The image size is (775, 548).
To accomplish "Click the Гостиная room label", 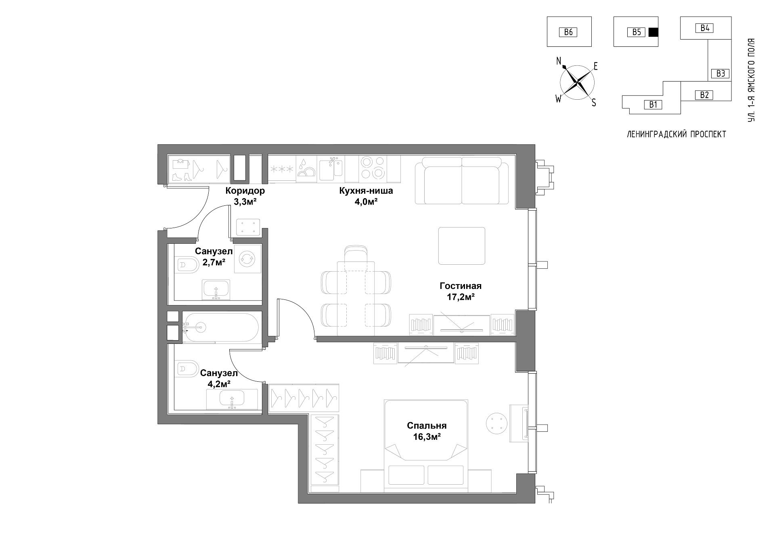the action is coord(461,286).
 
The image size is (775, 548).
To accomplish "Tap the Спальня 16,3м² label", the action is coord(427,431).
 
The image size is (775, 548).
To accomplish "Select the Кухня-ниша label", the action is coord(366,191).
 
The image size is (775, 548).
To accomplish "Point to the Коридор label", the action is coord(245,191).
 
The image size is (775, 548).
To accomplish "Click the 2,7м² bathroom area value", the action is coord(214,262).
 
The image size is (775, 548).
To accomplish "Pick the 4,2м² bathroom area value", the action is coord(219,384).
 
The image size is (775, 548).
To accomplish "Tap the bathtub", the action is coord(222,327).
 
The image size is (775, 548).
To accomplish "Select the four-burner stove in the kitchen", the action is coord(373,168).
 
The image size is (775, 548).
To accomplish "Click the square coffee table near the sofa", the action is coord(462,246).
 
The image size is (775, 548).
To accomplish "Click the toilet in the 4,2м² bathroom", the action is coord(186,368).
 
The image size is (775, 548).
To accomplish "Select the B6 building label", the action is coord(568,32).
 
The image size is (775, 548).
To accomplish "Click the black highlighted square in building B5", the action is coord(653,32).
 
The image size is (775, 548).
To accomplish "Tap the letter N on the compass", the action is coord(559,61).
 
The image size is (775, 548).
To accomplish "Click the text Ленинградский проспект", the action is coord(676,134).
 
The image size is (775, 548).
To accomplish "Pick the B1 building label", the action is coord(653,105).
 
